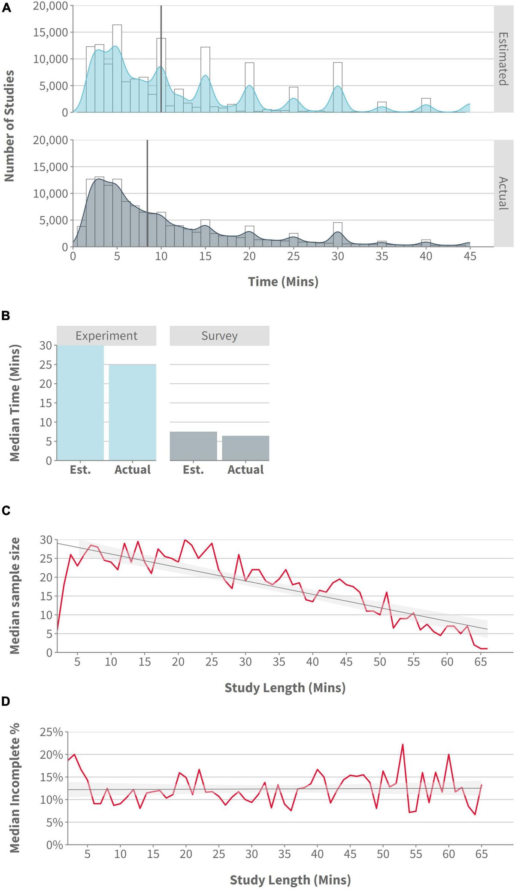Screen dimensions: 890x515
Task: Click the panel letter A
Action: (x=6, y=8)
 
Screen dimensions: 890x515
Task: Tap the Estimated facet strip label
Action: (x=503, y=59)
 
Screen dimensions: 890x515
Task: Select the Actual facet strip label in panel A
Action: (x=503, y=193)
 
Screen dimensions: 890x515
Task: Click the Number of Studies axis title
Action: (x=9, y=126)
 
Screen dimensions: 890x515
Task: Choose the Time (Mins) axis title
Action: (x=283, y=282)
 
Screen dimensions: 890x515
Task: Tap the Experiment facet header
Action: (x=106, y=336)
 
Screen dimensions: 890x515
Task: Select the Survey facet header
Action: (x=219, y=336)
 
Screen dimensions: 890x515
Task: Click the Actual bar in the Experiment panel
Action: (x=132, y=412)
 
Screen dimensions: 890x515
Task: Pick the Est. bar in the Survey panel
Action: (x=193, y=446)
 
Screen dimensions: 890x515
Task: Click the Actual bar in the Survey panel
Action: (x=245, y=448)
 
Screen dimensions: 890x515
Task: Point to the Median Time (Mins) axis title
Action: (x=15, y=403)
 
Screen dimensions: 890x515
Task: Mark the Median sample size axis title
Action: (x=15, y=596)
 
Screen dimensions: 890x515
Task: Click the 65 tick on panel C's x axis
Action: (x=481, y=662)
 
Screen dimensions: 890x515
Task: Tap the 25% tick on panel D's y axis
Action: (x=51, y=732)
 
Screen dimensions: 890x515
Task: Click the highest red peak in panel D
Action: (x=403, y=745)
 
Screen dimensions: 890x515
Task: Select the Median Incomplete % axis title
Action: (x=15, y=788)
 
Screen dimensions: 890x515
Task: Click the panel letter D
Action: (x=6, y=701)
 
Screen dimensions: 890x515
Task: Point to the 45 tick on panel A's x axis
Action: (x=470, y=256)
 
